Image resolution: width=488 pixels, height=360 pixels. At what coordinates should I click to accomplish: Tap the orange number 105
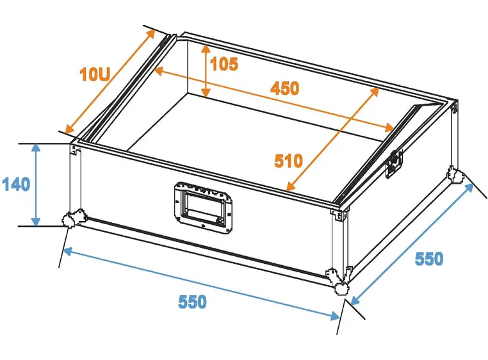pyautogui.click(x=224, y=64)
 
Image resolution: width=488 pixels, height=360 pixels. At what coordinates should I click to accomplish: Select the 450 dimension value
pyautogui.click(x=285, y=88)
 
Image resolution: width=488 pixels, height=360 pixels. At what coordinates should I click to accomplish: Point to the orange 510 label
pyautogui.click(x=288, y=161)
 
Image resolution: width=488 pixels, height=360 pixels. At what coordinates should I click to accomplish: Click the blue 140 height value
pyautogui.click(x=16, y=184)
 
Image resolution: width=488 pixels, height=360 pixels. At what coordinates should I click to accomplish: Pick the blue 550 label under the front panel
pyautogui.click(x=192, y=302)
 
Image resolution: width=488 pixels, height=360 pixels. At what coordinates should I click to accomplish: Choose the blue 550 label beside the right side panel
pyautogui.click(x=429, y=259)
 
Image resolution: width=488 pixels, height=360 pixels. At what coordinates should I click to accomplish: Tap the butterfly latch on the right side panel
pyautogui.click(x=394, y=164)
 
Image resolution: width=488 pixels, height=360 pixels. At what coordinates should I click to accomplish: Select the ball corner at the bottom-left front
pyautogui.click(x=72, y=218)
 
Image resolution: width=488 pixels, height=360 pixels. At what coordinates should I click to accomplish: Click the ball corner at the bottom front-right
pyautogui.click(x=339, y=281)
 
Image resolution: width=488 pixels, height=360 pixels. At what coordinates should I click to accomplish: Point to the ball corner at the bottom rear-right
pyautogui.click(x=455, y=175)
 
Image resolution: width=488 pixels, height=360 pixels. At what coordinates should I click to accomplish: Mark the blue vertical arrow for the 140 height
pyautogui.click(x=36, y=184)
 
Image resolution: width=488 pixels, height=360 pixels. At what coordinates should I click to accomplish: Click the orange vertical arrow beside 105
pyautogui.click(x=206, y=71)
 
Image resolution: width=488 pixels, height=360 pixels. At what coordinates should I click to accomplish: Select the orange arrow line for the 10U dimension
pyautogui.click(x=110, y=81)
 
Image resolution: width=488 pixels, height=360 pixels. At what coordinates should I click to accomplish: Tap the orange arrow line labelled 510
pyautogui.click(x=333, y=139)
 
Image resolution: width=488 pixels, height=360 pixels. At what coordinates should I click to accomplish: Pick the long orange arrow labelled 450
pyautogui.click(x=274, y=99)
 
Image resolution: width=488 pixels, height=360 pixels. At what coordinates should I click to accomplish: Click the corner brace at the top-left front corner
pyautogui.click(x=76, y=149)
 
